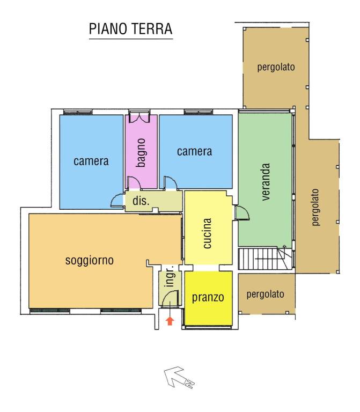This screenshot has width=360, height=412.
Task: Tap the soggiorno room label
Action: (x=89, y=261)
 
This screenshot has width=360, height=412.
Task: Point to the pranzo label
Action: (x=208, y=297)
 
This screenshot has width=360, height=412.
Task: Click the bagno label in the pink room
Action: (x=141, y=152)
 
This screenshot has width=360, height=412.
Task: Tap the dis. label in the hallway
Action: (x=140, y=202)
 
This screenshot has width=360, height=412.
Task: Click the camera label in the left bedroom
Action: (x=91, y=161)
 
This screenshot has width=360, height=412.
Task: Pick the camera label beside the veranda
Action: (x=195, y=152)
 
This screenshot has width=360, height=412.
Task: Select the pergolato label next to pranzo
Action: (x=265, y=295)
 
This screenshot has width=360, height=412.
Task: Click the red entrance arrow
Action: (x=170, y=321)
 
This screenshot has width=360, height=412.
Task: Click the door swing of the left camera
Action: (x=116, y=200)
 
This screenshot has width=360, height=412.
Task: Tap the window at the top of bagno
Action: (x=141, y=114)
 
